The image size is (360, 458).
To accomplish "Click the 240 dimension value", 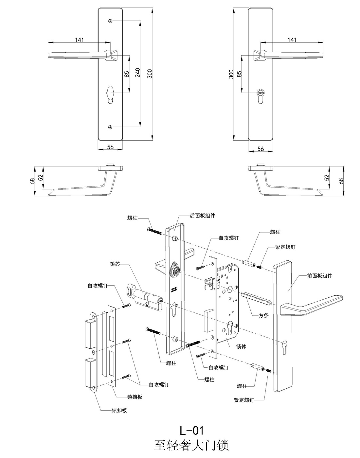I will (137, 73).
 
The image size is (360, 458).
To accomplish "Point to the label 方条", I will (263, 316).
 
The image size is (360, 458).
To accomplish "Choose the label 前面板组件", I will (319, 276).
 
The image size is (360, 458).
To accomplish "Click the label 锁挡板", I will (135, 397).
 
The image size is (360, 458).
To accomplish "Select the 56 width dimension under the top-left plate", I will (110, 147).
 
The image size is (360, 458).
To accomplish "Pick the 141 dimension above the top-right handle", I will (292, 40).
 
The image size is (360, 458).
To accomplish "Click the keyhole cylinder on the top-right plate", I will (261, 93).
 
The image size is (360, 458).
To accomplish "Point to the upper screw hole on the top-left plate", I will (111, 22).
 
